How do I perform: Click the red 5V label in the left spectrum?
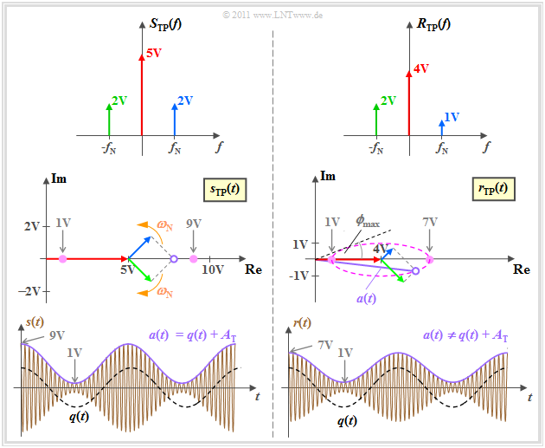pos(154,53)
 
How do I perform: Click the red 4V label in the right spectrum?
pos(422,68)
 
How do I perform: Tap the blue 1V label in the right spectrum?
pos(451,117)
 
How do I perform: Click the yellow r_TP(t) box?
pos(495,187)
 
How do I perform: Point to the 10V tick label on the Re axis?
pos(213,269)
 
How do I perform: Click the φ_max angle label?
pos(367,222)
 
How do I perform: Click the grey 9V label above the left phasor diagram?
pos(193,223)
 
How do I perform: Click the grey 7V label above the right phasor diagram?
pos(430,223)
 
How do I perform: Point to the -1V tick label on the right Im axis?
pos(301,276)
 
